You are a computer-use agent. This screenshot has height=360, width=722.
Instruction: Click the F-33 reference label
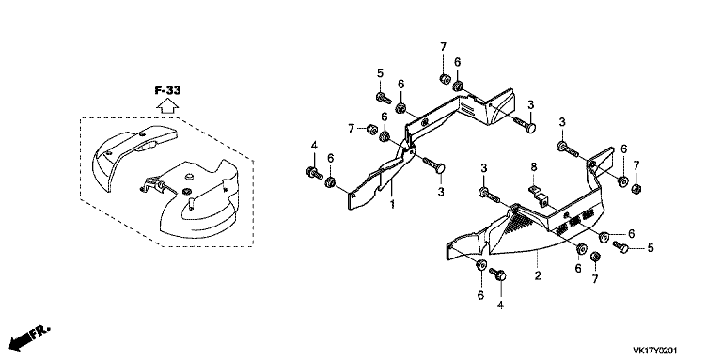167,90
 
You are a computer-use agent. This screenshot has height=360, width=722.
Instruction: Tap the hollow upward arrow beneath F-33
167,106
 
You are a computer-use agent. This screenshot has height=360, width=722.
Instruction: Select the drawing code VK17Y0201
654,351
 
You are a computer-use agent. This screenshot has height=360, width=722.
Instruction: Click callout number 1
393,204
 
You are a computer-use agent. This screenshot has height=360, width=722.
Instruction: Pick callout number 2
538,275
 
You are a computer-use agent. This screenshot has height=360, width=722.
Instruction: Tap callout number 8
534,167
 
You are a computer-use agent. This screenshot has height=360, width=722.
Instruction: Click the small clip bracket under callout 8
537,195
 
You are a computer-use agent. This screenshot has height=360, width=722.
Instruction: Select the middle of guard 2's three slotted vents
573,223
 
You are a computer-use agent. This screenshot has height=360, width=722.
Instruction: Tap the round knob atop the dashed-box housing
188,176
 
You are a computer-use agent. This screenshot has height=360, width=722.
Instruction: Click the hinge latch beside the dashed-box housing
153,185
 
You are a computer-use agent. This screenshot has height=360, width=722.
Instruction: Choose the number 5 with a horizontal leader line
650,248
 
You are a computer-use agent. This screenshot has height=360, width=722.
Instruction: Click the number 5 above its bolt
380,72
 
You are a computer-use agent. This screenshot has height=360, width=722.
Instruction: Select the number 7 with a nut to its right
351,129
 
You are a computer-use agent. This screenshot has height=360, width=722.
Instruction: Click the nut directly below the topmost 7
445,79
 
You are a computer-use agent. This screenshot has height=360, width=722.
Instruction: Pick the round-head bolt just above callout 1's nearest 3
434,164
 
